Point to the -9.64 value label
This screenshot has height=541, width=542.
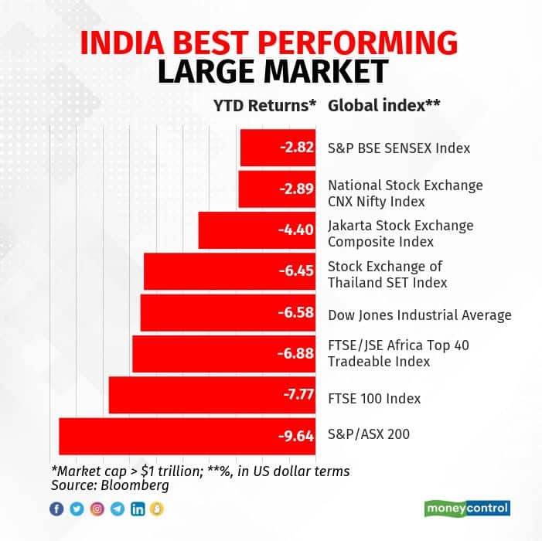[296, 436]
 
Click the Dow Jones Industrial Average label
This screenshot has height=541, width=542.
[420, 315]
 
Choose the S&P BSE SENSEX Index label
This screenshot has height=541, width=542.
[399, 148]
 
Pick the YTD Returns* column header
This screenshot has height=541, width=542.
[264, 106]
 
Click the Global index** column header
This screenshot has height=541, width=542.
[384, 106]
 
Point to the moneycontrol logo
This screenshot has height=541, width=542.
[467, 508]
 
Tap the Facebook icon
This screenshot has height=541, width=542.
[56, 509]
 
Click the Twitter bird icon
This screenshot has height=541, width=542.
[77, 509]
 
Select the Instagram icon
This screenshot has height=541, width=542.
[97, 509]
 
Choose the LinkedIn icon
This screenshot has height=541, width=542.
[138, 509]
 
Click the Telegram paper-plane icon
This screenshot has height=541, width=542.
[117, 509]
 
